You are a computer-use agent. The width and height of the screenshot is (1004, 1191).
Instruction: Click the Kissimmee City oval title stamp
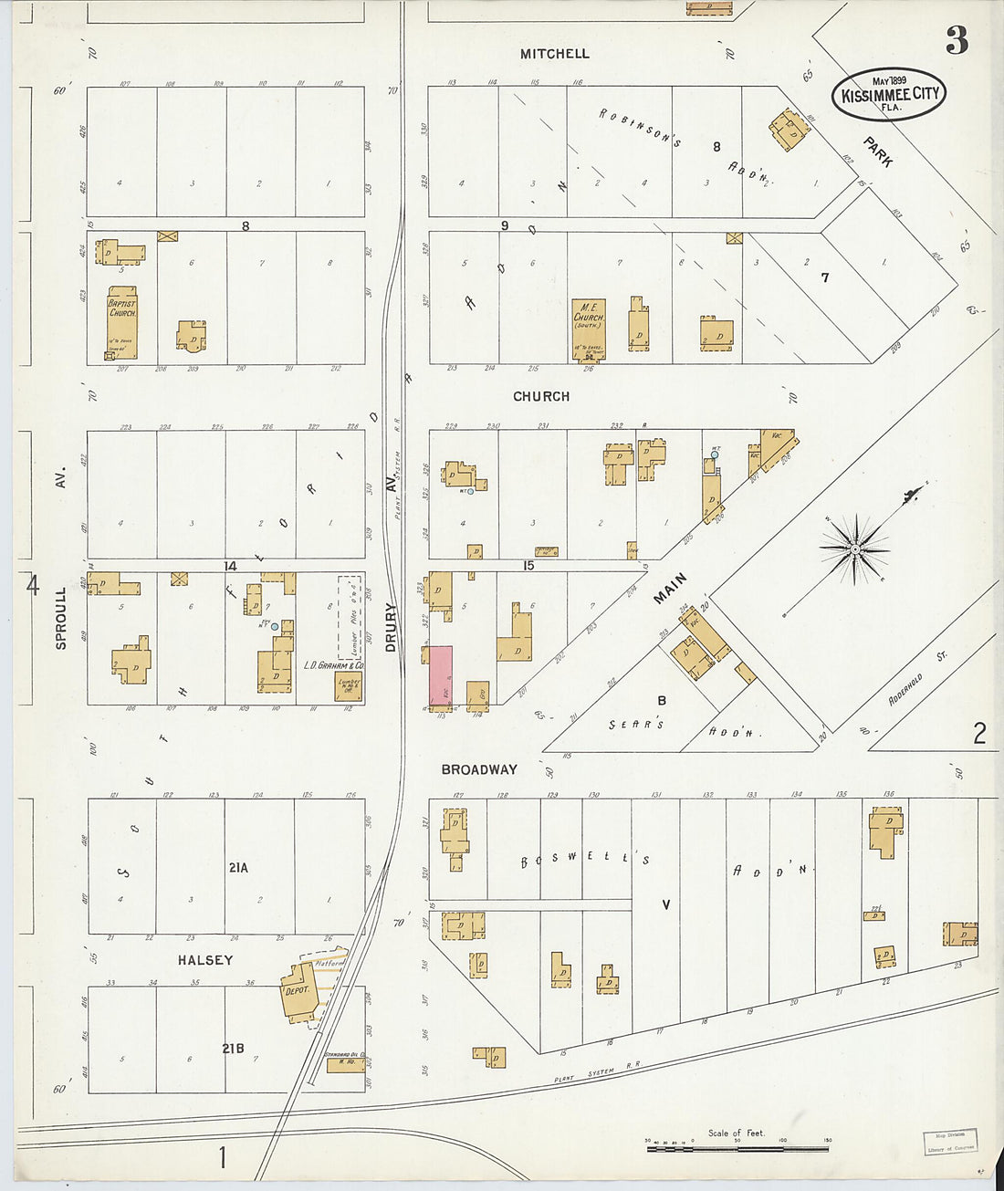click(x=888, y=94)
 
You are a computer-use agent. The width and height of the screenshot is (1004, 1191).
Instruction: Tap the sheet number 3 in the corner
click(x=956, y=40)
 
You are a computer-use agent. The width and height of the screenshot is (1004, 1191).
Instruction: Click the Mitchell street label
click(x=554, y=54)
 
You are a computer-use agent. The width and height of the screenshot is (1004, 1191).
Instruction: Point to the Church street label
click(x=541, y=396)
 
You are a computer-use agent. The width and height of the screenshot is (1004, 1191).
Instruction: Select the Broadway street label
click(x=478, y=769)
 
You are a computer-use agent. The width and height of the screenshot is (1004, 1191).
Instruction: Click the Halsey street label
click(x=205, y=960)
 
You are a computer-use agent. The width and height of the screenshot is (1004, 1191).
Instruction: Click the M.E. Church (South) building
click(x=588, y=329)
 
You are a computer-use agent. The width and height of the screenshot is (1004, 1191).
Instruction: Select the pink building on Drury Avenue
click(x=441, y=675)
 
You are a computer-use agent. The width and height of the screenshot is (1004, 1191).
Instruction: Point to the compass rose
click(x=855, y=549)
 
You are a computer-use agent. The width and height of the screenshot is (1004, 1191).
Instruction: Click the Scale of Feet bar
click(x=737, y=1147)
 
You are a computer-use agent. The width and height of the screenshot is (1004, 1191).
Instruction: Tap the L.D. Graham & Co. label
click(x=333, y=665)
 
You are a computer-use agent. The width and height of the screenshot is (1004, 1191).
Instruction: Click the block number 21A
click(x=238, y=868)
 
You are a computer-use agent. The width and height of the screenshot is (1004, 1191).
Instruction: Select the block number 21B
click(x=233, y=1049)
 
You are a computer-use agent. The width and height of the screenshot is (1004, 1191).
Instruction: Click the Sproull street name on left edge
click(x=61, y=618)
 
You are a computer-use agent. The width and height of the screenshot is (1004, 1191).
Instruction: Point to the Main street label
click(x=670, y=589)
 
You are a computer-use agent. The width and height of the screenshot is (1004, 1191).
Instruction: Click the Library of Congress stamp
click(x=949, y=1142)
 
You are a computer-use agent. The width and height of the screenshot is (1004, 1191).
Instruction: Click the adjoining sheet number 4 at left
click(x=33, y=585)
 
